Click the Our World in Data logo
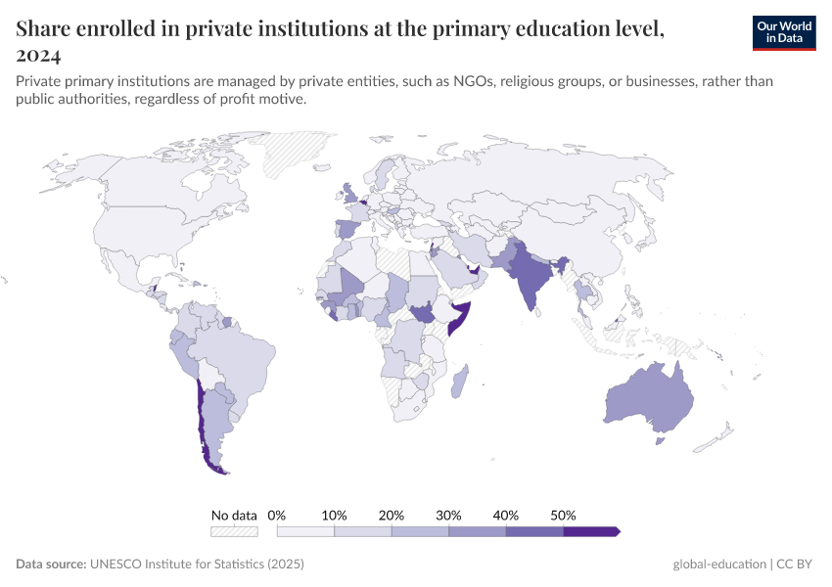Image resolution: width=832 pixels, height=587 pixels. click(x=783, y=32)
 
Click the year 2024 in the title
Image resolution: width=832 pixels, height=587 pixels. click(x=39, y=55)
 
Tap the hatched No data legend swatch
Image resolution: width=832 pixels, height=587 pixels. click(x=234, y=531)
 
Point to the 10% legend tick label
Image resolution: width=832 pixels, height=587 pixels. click(x=335, y=515)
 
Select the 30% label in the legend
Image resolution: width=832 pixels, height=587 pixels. click(x=448, y=515)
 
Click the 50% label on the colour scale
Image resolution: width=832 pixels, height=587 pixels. click(x=563, y=515)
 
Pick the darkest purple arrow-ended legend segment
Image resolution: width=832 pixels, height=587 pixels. click(x=591, y=531)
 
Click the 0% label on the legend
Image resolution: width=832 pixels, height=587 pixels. click(x=277, y=515)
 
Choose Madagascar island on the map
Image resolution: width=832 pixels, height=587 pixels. click(x=459, y=382)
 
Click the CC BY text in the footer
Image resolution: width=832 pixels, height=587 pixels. click(x=797, y=564)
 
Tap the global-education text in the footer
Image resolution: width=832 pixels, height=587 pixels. click(x=719, y=564)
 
